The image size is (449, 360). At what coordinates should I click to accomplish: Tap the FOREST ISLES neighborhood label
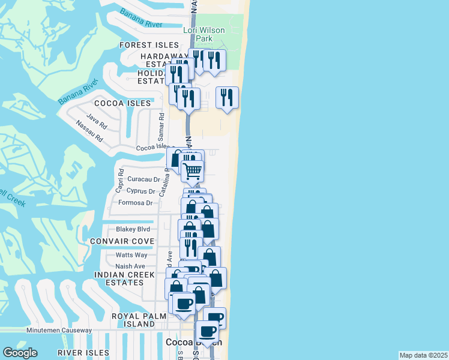[149, 45]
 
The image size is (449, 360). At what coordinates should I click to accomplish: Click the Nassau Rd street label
[89, 132]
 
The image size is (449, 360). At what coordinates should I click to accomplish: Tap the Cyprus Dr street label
[141, 191]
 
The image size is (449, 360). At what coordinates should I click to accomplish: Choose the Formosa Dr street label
[137, 203]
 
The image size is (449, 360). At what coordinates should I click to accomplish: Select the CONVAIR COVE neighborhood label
[122, 241]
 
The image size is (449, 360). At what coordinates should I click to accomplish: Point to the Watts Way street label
[131, 255]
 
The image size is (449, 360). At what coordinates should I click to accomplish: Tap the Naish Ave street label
[130, 266]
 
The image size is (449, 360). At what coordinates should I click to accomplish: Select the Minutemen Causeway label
[59, 330]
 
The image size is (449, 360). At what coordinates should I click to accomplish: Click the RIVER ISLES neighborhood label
[83, 353]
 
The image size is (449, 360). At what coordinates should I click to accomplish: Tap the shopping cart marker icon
[192, 170]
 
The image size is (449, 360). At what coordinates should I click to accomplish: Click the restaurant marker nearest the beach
[227, 97]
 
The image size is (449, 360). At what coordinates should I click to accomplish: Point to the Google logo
[20, 353]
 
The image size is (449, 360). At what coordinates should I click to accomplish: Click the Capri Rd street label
[120, 181]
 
